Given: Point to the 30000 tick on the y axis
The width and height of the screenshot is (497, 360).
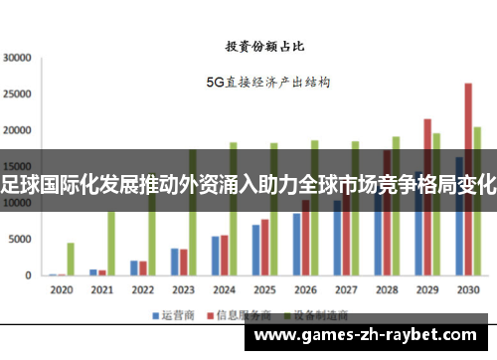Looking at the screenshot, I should click(18, 58).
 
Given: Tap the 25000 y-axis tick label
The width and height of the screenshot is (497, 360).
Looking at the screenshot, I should click(18, 94).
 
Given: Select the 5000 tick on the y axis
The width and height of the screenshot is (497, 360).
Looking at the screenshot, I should click(21, 240).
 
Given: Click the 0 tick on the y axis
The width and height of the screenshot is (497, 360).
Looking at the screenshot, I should click(29, 275).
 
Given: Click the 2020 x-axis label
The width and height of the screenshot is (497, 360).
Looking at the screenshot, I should click(61, 290).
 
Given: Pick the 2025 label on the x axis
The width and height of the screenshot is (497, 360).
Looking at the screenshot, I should click(263, 290).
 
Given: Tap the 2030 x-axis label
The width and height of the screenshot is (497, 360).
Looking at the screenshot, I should click(467, 290).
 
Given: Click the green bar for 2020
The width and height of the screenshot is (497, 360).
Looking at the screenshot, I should click(71, 259).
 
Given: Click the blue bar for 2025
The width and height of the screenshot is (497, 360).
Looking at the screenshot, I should click(255, 250).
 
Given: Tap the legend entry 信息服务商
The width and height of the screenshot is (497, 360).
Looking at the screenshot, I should click(238, 315).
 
